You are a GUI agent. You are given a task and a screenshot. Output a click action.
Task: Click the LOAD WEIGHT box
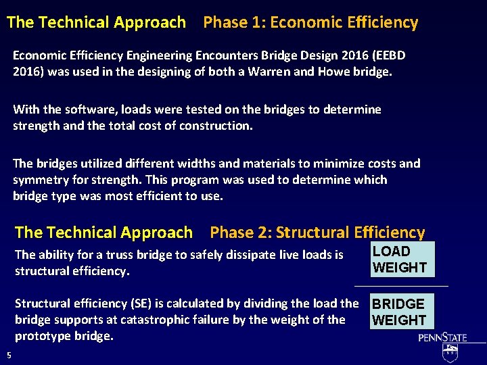pyautogui.click(x=400, y=260)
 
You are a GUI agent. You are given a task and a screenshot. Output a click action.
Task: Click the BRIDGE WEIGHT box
pyautogui.click(x=399, y=312)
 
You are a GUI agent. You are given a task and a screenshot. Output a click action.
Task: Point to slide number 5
pyautogui.click(x=9, y=356)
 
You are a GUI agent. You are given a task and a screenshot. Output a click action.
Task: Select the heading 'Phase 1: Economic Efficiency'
pyautogui.click(x=310, y=22)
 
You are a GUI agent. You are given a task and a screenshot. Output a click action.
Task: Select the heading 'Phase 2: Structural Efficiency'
pyautogui.click(x=317, y=233)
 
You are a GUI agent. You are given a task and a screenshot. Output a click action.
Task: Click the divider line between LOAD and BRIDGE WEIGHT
pyautogui.click(x=401, y=286)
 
